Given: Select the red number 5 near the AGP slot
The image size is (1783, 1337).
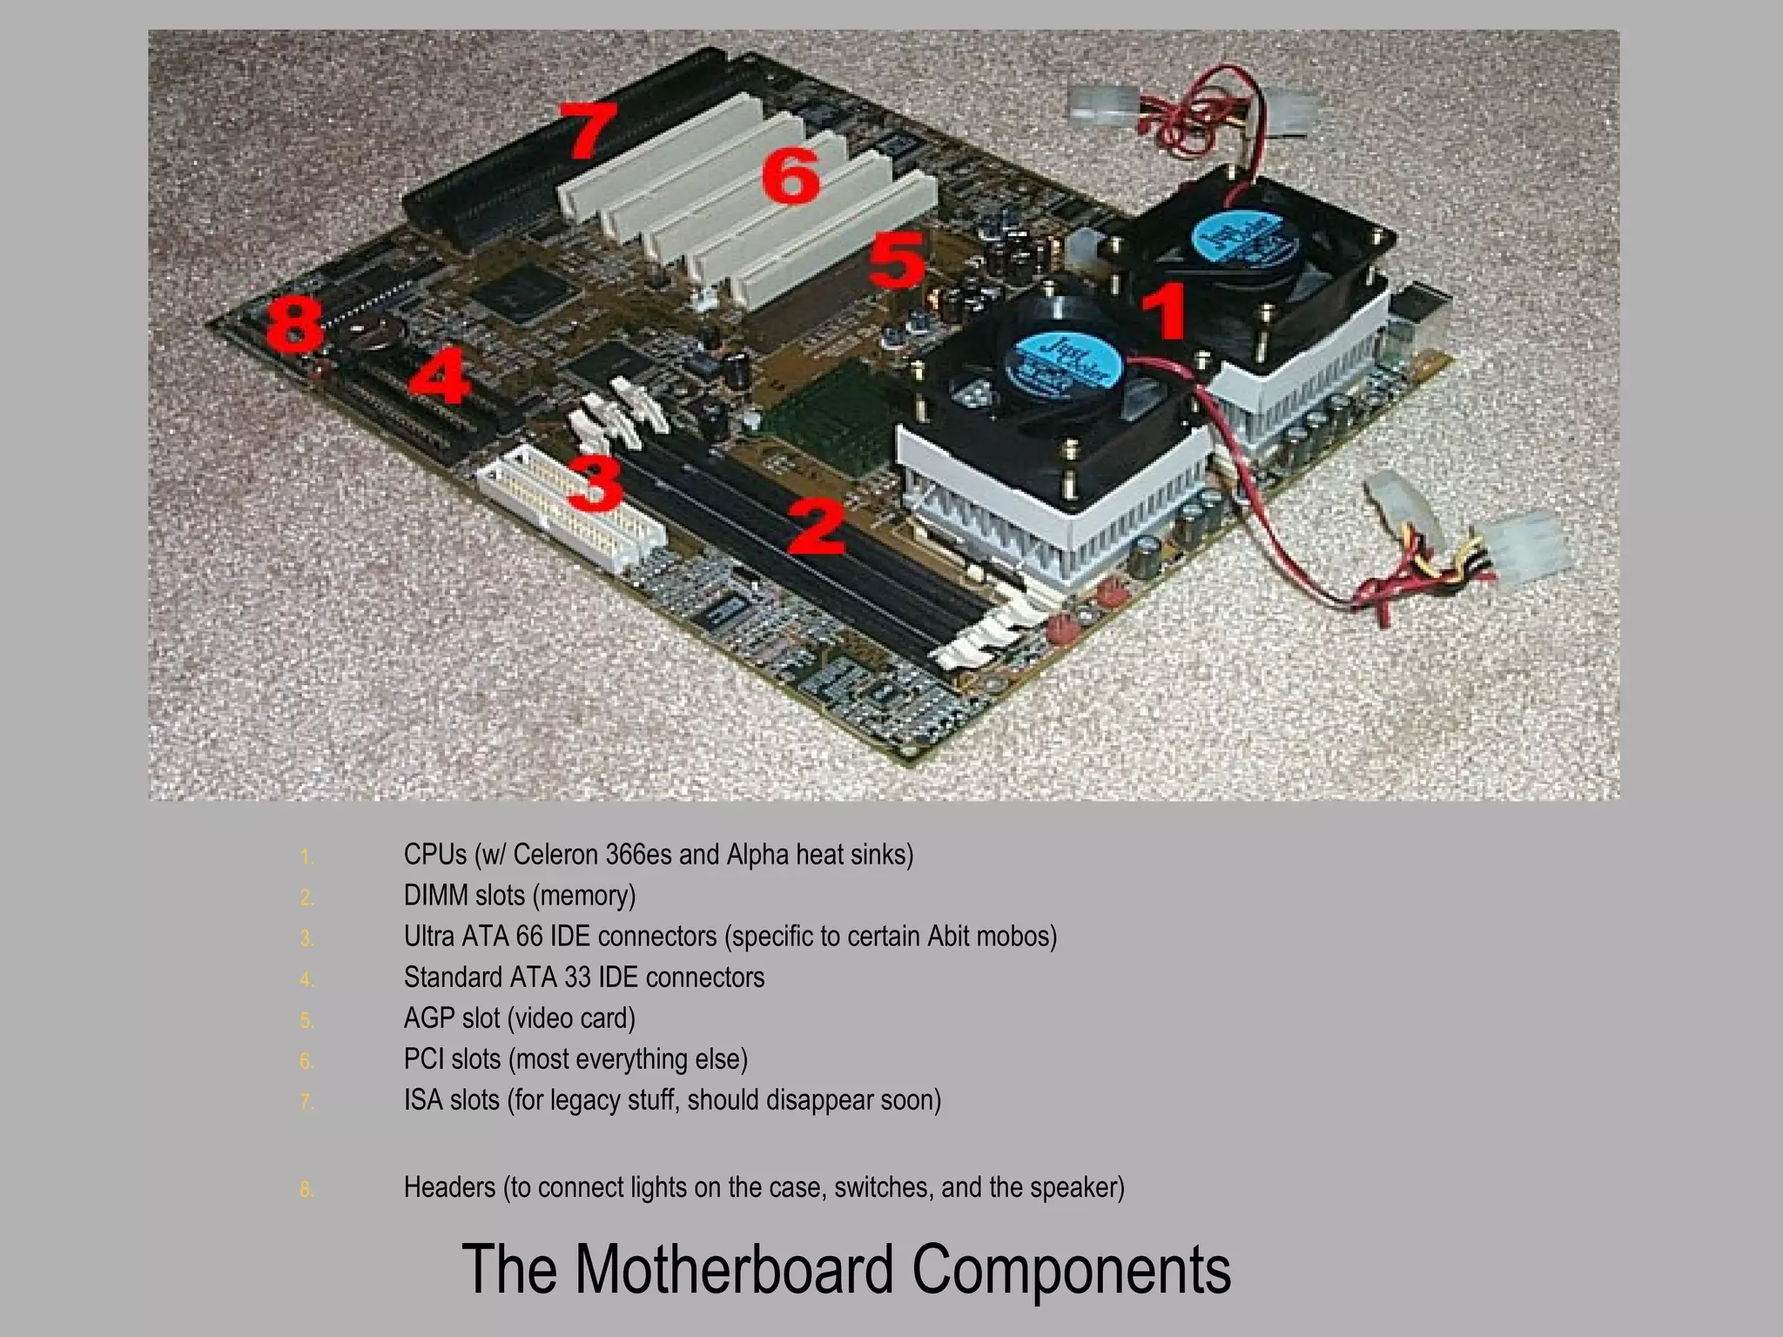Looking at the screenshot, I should click(x=898, y=259).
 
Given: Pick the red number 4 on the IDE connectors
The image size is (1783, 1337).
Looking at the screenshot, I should click(x=441, y=375).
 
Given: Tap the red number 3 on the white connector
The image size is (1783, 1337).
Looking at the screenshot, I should click(x=596, y=484).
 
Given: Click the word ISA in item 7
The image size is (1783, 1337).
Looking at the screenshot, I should click(x=423, y=1100).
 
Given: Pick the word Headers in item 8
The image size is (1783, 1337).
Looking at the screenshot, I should click(x=449, y=1187).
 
